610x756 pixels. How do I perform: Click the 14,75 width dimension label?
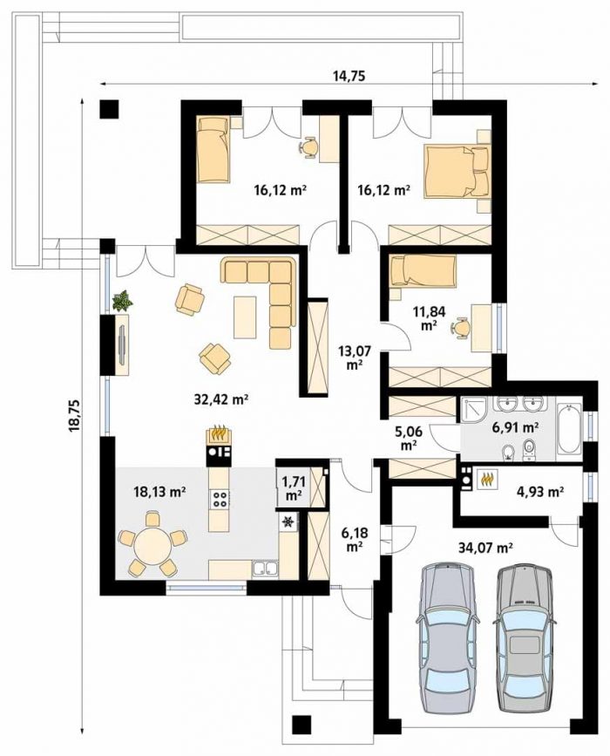[349, 76]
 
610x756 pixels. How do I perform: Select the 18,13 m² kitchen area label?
[159, 492]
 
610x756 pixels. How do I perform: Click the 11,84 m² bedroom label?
[425, 317]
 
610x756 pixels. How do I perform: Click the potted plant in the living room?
[122, 301]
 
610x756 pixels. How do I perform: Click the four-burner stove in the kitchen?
[220, 498]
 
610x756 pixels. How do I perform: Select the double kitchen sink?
[265, 569]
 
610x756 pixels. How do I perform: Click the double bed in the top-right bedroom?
[457, 171]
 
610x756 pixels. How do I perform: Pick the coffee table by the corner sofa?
[245, 317]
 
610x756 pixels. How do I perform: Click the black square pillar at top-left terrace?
[110, 108]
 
